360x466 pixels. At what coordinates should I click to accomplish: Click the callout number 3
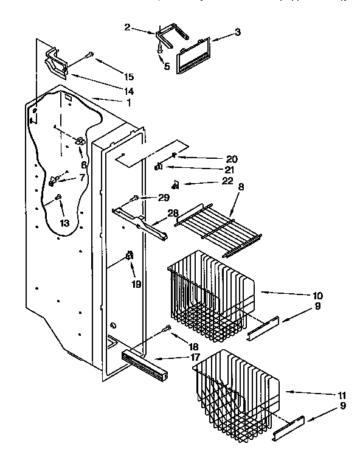237,32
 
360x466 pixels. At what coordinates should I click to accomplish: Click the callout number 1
128,102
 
